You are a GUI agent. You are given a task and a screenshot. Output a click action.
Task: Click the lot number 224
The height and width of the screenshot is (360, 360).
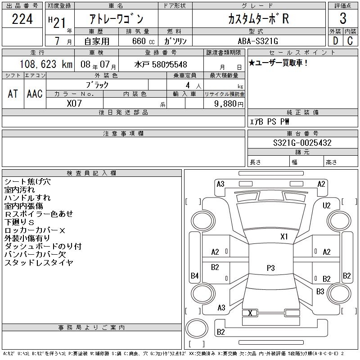pyautogui.click(x=22, y=20)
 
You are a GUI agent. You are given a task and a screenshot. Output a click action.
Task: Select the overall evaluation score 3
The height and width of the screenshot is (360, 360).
pyautogui.click(x=343, y=19)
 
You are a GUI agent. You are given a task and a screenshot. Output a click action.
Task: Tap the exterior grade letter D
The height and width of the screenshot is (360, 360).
pyautogui.click(x=335, y=40)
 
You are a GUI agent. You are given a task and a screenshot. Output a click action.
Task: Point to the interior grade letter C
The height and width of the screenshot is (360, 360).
pyautogui.click(x=350, y=40)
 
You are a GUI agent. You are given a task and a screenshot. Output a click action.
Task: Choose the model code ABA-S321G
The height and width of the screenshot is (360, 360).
pyautogui.click(x=258, y=40)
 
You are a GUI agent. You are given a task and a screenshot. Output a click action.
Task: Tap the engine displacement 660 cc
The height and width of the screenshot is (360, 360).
pyautogui.click(x=140, y=40)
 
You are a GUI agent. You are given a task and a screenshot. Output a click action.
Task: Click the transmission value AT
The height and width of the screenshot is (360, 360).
pyautogui.click(x=13, y=94)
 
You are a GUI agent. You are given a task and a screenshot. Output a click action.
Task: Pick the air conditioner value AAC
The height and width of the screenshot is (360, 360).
pyautogui.click(x=35, y=94)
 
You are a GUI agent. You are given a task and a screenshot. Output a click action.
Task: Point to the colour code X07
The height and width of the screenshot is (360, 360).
pyautogui.click(x=74, y=103)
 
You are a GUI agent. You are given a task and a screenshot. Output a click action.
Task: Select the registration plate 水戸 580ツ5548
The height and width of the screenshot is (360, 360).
pyautogui.click(x=161, y=65)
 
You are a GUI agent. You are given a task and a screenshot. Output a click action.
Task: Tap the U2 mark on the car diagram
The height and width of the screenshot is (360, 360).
pyautogui.click(x=327, y=206)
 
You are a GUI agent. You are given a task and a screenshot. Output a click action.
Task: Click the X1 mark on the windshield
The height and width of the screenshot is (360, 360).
pyautogui.click(x=284, y=236)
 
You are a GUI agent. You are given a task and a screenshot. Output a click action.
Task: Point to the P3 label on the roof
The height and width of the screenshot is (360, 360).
pyautogui.click(x=270, y=268)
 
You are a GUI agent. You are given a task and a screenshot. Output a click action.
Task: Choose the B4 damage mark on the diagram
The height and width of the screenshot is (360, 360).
pyautogui.click(x=194, y=275)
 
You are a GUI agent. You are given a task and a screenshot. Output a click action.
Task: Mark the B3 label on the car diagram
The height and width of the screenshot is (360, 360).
pyautogui.click(x=320, y=292)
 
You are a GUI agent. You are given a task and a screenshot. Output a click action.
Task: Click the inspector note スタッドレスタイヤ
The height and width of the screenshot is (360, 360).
pyautogui.click(x=39, y=262)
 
